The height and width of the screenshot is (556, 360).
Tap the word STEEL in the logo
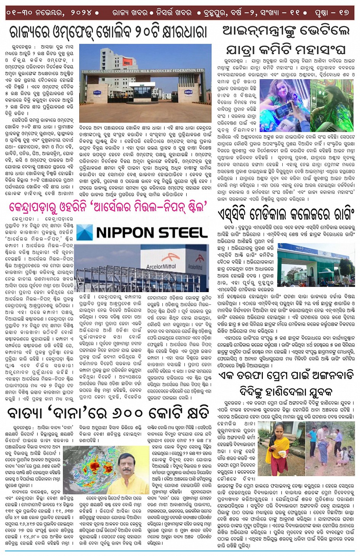pos(182,232)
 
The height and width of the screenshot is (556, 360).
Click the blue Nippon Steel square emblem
pos(85,233)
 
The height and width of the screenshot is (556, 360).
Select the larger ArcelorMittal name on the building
pos(161,266)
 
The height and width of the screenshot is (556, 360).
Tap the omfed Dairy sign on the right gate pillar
pos(188,93)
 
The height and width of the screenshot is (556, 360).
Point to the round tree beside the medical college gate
pos(346,267)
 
